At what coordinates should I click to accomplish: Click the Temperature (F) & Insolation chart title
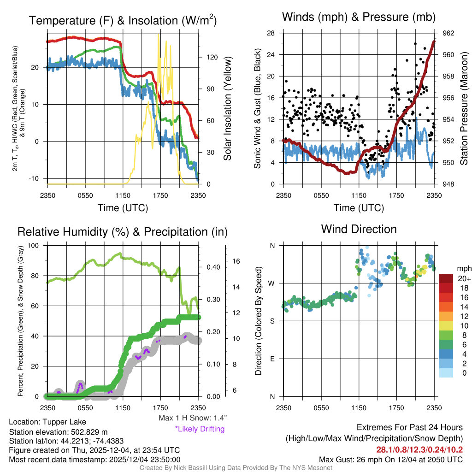(x=123, y=20)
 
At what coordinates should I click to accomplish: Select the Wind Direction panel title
(x=359, y=229)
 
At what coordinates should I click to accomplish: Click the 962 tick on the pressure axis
(x=448, y=33)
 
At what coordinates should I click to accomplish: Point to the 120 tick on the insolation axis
(x=212, y=57)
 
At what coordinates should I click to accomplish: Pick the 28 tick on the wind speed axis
(x=271, y=33)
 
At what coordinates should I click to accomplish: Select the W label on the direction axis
(x=273, y=283)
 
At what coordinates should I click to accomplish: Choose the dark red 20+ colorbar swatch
(x=447, y=278)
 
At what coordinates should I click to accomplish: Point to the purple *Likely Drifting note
(x=200, y=429)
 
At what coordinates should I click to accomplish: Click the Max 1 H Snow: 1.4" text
(x=193, y=418)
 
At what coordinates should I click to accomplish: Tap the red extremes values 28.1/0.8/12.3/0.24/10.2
(x=420, y=449)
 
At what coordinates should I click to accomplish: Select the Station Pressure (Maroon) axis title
(x=463, y=109)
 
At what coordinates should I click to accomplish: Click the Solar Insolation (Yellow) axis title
(x=227, y=109)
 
